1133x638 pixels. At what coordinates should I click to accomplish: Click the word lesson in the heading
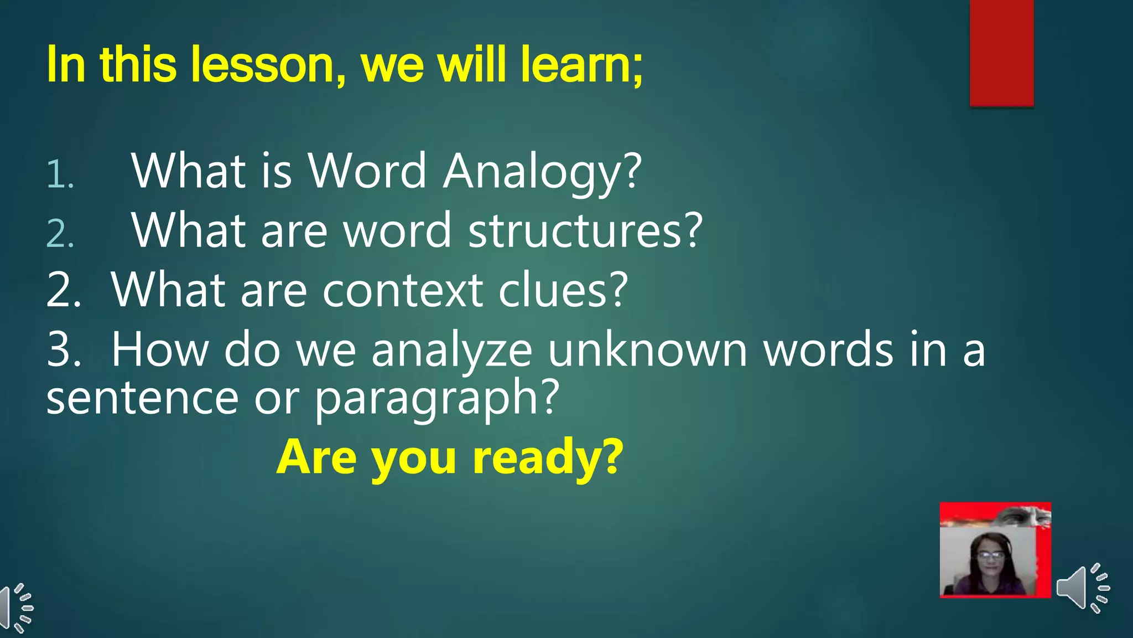(262, 65)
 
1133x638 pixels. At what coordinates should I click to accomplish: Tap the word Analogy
(542, 172)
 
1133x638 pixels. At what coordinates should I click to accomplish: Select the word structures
(585, 231)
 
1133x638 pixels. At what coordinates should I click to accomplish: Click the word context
(402, 290)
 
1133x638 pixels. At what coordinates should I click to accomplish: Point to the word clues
(563, 290)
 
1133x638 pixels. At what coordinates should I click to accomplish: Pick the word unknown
(647, 350)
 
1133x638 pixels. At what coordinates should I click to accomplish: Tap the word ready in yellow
(547, 457)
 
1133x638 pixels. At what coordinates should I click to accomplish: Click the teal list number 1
(59, 175)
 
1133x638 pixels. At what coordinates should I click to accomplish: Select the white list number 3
(63, 350)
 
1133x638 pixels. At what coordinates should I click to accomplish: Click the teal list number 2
(60, 234)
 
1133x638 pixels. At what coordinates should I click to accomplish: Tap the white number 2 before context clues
(63, 290)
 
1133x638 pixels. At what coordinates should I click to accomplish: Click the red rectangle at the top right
(1001, 53)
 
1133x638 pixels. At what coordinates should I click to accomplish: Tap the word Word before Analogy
(367, 172)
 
